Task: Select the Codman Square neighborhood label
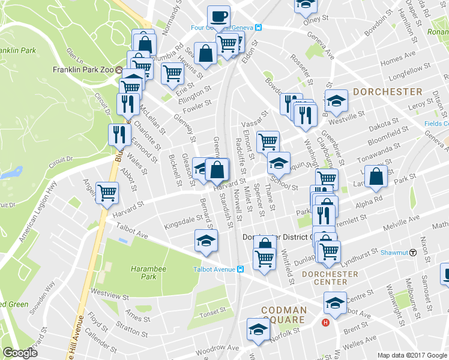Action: pyautogui.click(x=284, y=315)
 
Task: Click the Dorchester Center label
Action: pyautogui.click(x=325, y=278)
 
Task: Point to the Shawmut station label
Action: pyautogui.click(x=394, y=253)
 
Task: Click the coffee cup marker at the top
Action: pyautogui.click(x=218, y=16)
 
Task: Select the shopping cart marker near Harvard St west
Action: pyautogui.click(x=107, y=193)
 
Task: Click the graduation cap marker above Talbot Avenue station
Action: pyautogui.click(x=206, y=240)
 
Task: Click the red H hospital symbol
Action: pyautogui.click(x=326, y=323)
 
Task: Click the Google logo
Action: pyautogui.click(x=20, y=352)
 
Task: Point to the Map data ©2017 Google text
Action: pyautogui.click(x=412, y=355)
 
